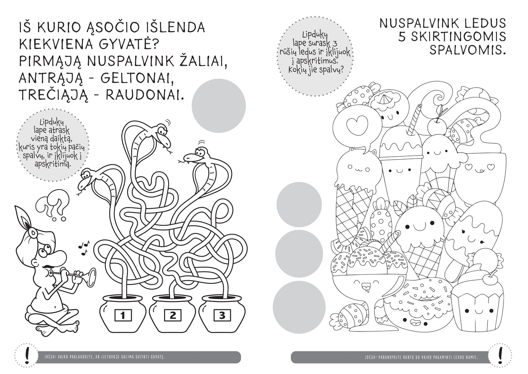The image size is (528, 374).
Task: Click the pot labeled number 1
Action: pyautogui.click(x=123, y=315)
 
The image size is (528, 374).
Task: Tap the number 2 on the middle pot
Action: pyautogui.click(x=173, y=315)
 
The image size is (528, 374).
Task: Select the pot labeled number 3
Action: pyautogui.click(x=223, y=315)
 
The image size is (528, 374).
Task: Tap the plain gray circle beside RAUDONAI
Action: pyautogui.click(x=219, y=106)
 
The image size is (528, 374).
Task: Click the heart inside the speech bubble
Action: pyautogui.click(x=353, y=125)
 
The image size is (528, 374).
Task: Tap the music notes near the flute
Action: pyautogui.click(x=85, y=245)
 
